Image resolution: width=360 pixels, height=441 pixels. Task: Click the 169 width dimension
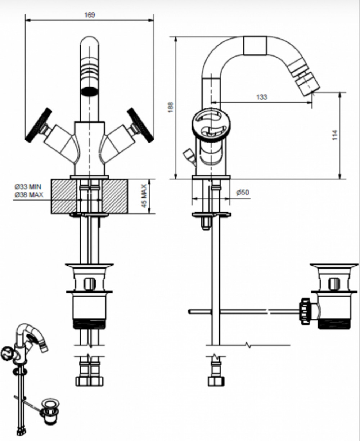tap(90, 15)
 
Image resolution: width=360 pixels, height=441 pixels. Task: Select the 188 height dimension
tap(171, 107)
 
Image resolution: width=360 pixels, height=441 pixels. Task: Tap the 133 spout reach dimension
tap(261, 97)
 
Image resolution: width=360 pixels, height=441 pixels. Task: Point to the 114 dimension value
tap(335, 135)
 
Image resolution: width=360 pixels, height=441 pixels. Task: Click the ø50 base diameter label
tap(243, 192)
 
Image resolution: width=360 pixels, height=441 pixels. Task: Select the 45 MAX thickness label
tap(144, 196)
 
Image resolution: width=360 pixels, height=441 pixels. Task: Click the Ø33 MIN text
tap(28, 186)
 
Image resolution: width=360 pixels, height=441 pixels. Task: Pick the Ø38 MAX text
tap(29, 195)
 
